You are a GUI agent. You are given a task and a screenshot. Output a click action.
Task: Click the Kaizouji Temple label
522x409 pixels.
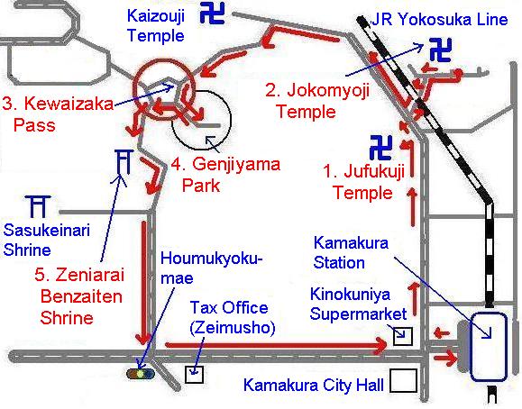(156, 26)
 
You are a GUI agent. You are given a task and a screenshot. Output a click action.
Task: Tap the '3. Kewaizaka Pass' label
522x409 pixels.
(59, 114)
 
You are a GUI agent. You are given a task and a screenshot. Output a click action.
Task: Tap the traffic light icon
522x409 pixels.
(141, 372)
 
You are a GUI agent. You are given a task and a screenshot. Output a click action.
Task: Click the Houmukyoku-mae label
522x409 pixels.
(210, 269)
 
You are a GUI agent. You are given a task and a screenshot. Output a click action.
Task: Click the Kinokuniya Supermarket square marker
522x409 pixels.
(402, 337)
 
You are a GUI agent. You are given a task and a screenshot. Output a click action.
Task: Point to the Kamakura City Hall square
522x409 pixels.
(403, 381)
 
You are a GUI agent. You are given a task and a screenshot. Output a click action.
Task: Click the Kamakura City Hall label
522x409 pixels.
(314, 386)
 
